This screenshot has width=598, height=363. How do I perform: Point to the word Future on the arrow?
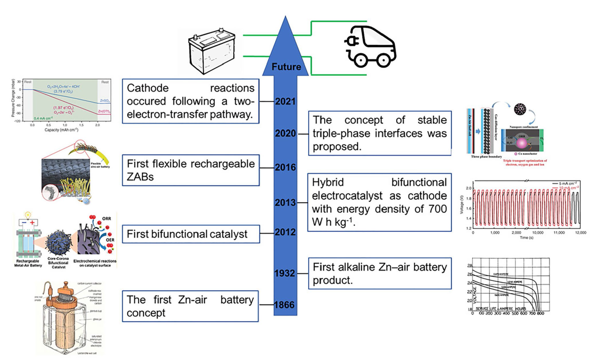(287, 67)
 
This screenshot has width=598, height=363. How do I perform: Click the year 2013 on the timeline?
(286, 202)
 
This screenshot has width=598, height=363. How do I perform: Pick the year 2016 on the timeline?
(286, 167)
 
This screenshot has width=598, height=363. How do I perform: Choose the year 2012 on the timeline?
(286, 232)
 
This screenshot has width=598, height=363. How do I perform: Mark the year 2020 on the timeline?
(286, 133)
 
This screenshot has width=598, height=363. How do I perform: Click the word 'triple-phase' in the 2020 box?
(338, 134)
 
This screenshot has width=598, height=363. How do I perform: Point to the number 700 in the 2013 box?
(436, 209)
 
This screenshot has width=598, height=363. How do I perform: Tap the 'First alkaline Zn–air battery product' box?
(379, 273)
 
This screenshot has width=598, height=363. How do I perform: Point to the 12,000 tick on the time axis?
(581, 233)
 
